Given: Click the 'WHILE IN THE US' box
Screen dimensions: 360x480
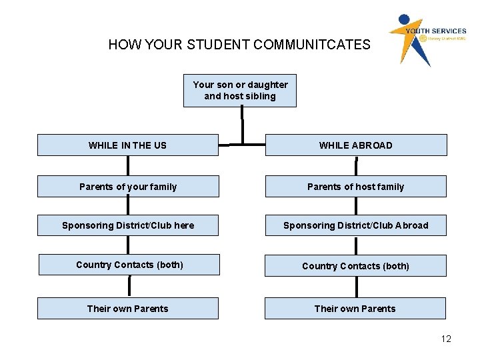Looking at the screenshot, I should (x=127, y=145).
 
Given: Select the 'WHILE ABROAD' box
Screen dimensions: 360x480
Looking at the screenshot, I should (x=356, y=145).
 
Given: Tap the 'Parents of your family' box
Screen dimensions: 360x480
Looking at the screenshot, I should (x=127, y=187).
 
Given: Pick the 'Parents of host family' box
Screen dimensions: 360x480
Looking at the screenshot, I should (x=356, y=187).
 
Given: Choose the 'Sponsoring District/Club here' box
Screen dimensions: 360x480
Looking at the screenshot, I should (x=127, y=225).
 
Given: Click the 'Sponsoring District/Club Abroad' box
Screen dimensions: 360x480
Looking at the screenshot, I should (x=356, y=225).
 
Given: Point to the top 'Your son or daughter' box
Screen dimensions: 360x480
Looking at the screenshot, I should (x=240, y=91).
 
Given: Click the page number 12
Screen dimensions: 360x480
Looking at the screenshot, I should (x=446, y=339).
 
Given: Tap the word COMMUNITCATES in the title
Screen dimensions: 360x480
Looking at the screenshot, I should (x=311, y=45).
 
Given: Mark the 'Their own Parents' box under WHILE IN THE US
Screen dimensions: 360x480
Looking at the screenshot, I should (x=127, y=309).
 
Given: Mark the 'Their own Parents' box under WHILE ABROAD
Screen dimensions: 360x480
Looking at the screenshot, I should (x=355, y=309).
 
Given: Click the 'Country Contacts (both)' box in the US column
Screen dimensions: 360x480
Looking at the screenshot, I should (x=129, y=265).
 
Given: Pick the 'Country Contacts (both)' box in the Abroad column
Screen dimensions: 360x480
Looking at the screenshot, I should (x=355, y=266).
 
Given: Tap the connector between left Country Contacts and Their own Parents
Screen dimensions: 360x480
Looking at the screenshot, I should (x=129, y=286).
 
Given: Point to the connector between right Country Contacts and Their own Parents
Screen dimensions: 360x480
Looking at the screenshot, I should (x=357, y=287).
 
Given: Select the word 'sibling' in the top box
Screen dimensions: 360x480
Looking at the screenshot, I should (x=260, y=96).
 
